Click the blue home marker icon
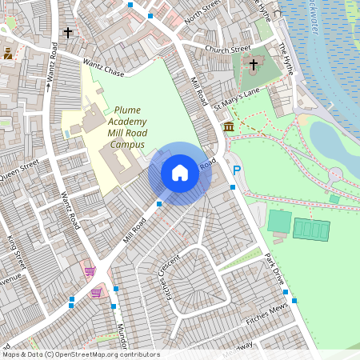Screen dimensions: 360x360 pos(180,173)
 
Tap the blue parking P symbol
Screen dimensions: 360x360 pos(236,170)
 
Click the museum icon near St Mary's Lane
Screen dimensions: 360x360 pos(229,128)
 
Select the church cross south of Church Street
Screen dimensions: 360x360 pos(254,65)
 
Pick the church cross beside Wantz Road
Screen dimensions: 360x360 pos(68,33)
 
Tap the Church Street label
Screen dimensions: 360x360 pos(228,50)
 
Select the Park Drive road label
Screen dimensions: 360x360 pos(274,271)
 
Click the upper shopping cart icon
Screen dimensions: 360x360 pos(90,271)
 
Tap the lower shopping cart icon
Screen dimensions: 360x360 pos(97,293)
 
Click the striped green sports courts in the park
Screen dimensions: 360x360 pos(311,229)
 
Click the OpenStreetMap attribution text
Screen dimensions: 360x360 pos(81,354)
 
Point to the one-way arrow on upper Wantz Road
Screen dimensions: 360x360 pos(48,86)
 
